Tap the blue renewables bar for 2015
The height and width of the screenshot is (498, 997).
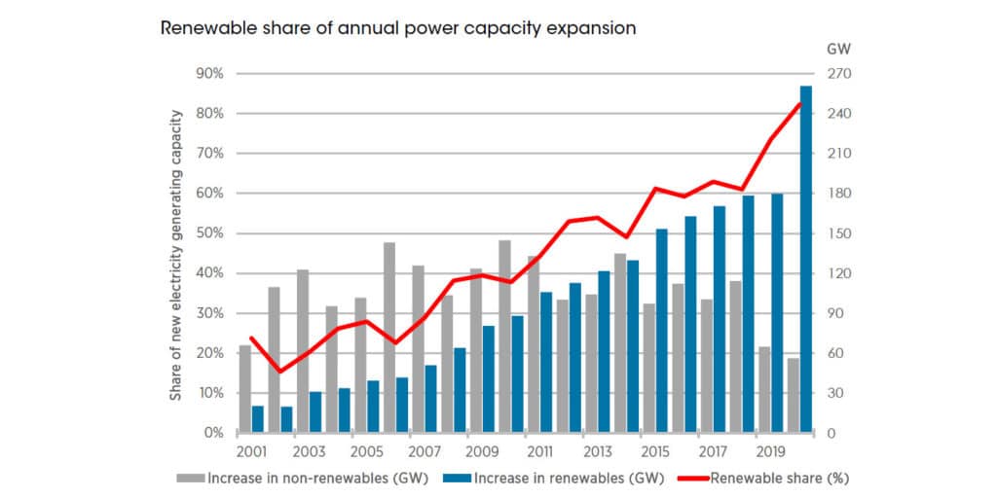(x=662, y=331)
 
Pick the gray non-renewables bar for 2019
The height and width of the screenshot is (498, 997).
(x=764, y=389)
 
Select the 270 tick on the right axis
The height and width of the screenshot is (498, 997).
(x=838, y=74)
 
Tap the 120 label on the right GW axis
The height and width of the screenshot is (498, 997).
(x=838, y=273)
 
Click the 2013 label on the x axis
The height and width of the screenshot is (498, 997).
(x=597, y=452)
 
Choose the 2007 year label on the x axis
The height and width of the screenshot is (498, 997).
(x=425, y=452)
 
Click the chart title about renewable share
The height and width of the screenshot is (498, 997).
(x=398, y=28)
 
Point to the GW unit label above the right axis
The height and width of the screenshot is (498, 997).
(x=838, y=48)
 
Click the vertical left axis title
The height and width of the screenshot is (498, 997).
(x=176, y=255)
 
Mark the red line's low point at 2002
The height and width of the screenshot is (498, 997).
(x=280, y=372)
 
